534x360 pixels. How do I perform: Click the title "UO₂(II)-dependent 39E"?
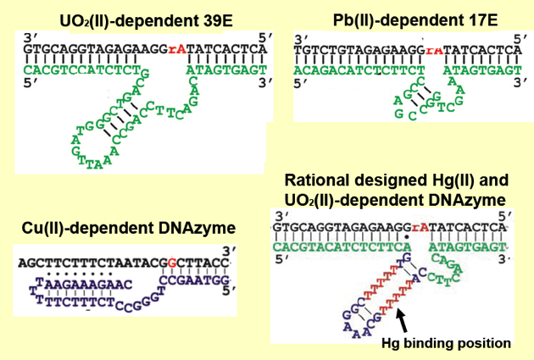[135, 18]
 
